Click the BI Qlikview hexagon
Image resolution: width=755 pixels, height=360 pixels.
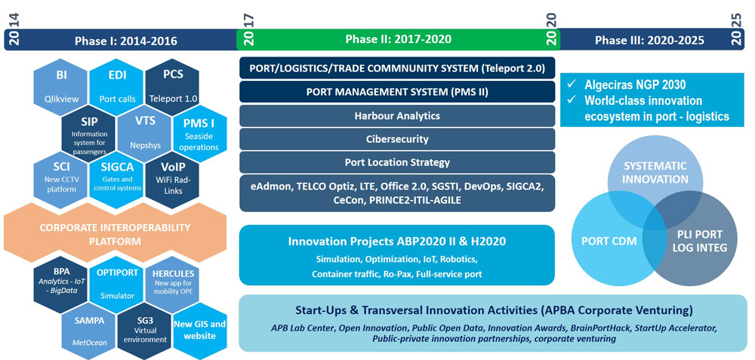pyautogui.click(x=60, y=87)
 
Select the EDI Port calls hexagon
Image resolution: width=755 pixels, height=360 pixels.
pyautogui.click(x=117, y=87)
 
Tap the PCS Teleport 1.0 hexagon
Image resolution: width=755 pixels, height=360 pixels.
pyautogui.click(x=172, y=87)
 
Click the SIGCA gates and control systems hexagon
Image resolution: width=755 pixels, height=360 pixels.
pyautogui.click(x=117, y=180)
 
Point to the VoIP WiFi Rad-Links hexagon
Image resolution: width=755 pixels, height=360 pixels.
pyautogui.click(x=172, y=180)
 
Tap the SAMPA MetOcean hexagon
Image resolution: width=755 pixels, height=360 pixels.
pyautogui.click(x=89, y=331)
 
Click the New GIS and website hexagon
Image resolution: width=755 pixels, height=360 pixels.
pyautogui.click(x=200, y=331)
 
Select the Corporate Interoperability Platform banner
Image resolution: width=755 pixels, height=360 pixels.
pyautogui.click(x=115, y=233)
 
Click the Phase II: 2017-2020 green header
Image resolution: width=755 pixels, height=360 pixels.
pyautogui.click(x=398, y=39)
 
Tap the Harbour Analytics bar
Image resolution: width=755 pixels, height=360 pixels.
pyautogui.click(x=397, y=115)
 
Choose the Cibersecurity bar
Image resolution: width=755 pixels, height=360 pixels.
pyautogui.click(x=397, y=139)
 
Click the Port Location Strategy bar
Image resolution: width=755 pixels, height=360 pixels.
pyautogui.click(x=397, y=162)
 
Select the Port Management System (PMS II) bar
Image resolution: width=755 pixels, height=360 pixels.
pyautogui.click(x=397, y=92)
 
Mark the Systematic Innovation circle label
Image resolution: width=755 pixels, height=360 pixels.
pyautogui.click(x=656, y=172)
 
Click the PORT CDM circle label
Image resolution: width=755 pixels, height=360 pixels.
pyautogui.click(x=602, y=240)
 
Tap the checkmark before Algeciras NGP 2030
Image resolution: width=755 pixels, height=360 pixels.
pyautogui.click(x=572, y=85)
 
